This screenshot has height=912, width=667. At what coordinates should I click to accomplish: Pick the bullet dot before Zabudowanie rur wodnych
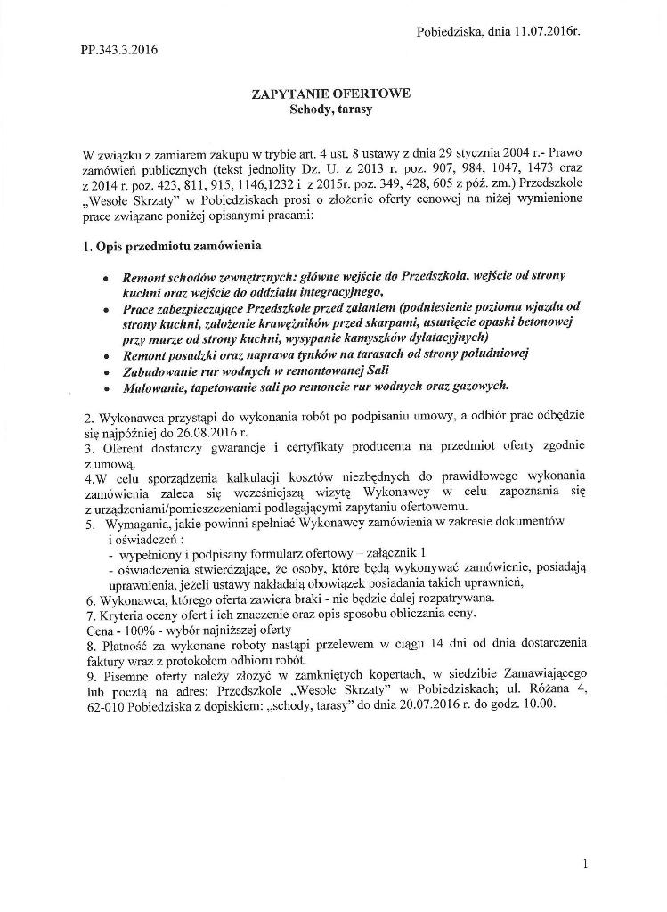pyautogui.click(x=107, y=370)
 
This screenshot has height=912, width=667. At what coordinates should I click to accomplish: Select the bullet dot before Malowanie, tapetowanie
pyautogui.click(x=107, y=387)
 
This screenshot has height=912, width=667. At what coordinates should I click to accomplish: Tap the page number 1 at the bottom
pyautogui.click(x=585, y=863)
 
